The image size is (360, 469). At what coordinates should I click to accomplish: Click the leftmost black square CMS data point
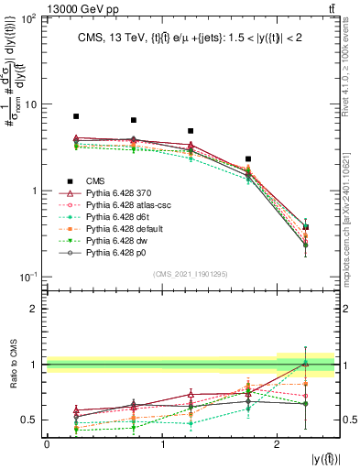pos(76,116)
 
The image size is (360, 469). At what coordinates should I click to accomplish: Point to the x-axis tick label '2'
pos(277,443)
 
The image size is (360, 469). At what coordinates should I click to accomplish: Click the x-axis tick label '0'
pos(47,443)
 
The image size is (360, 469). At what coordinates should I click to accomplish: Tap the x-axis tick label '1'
pos(162,443)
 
